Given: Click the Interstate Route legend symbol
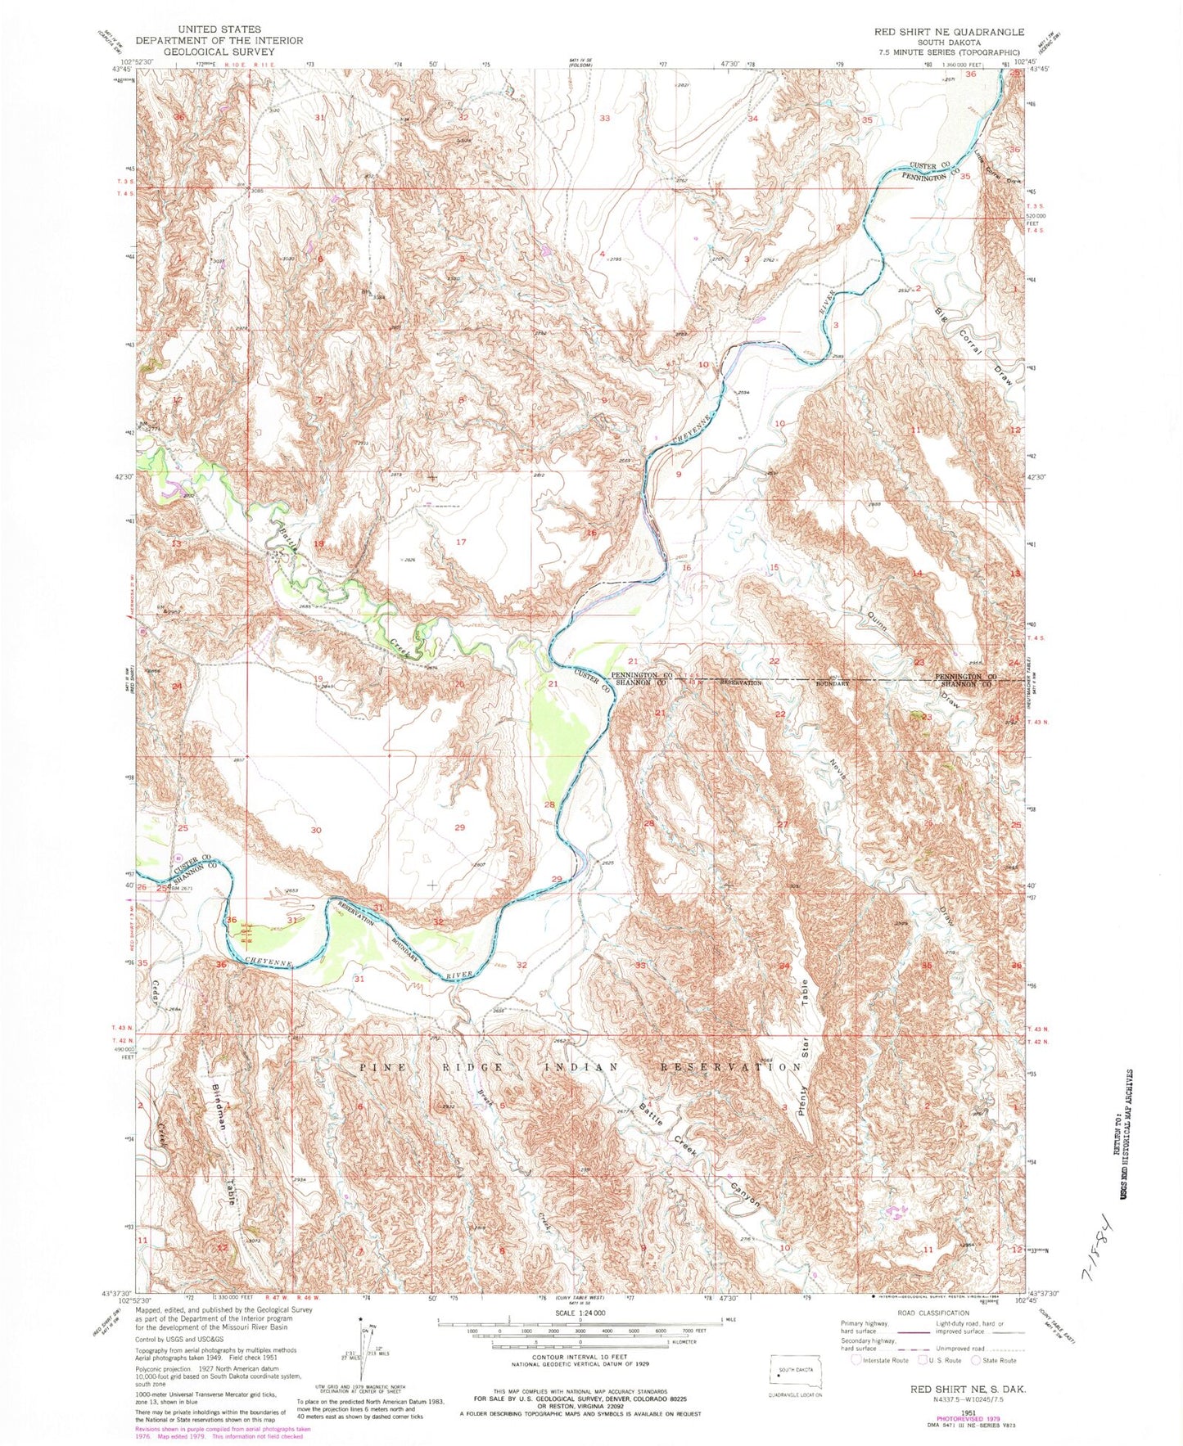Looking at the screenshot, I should (x=857, y=1360).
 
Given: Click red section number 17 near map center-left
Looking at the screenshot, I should (x=461, y=542).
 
